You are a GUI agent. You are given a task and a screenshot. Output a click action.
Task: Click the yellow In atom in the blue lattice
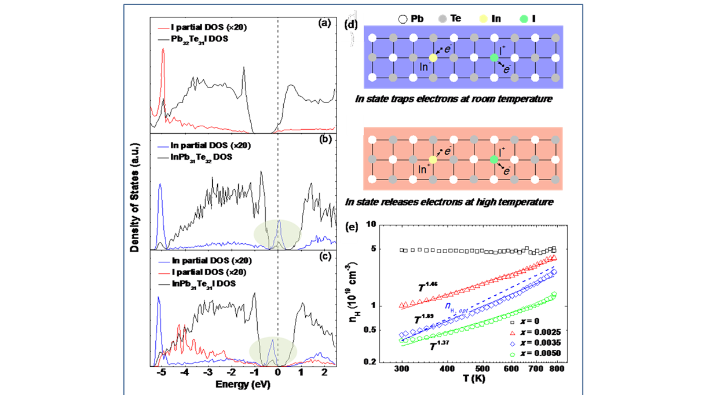(x=433, y=57)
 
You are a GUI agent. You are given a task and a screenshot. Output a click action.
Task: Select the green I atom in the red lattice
(x=493, y=160)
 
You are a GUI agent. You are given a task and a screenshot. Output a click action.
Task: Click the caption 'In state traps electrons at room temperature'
(x=453, y=99)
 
